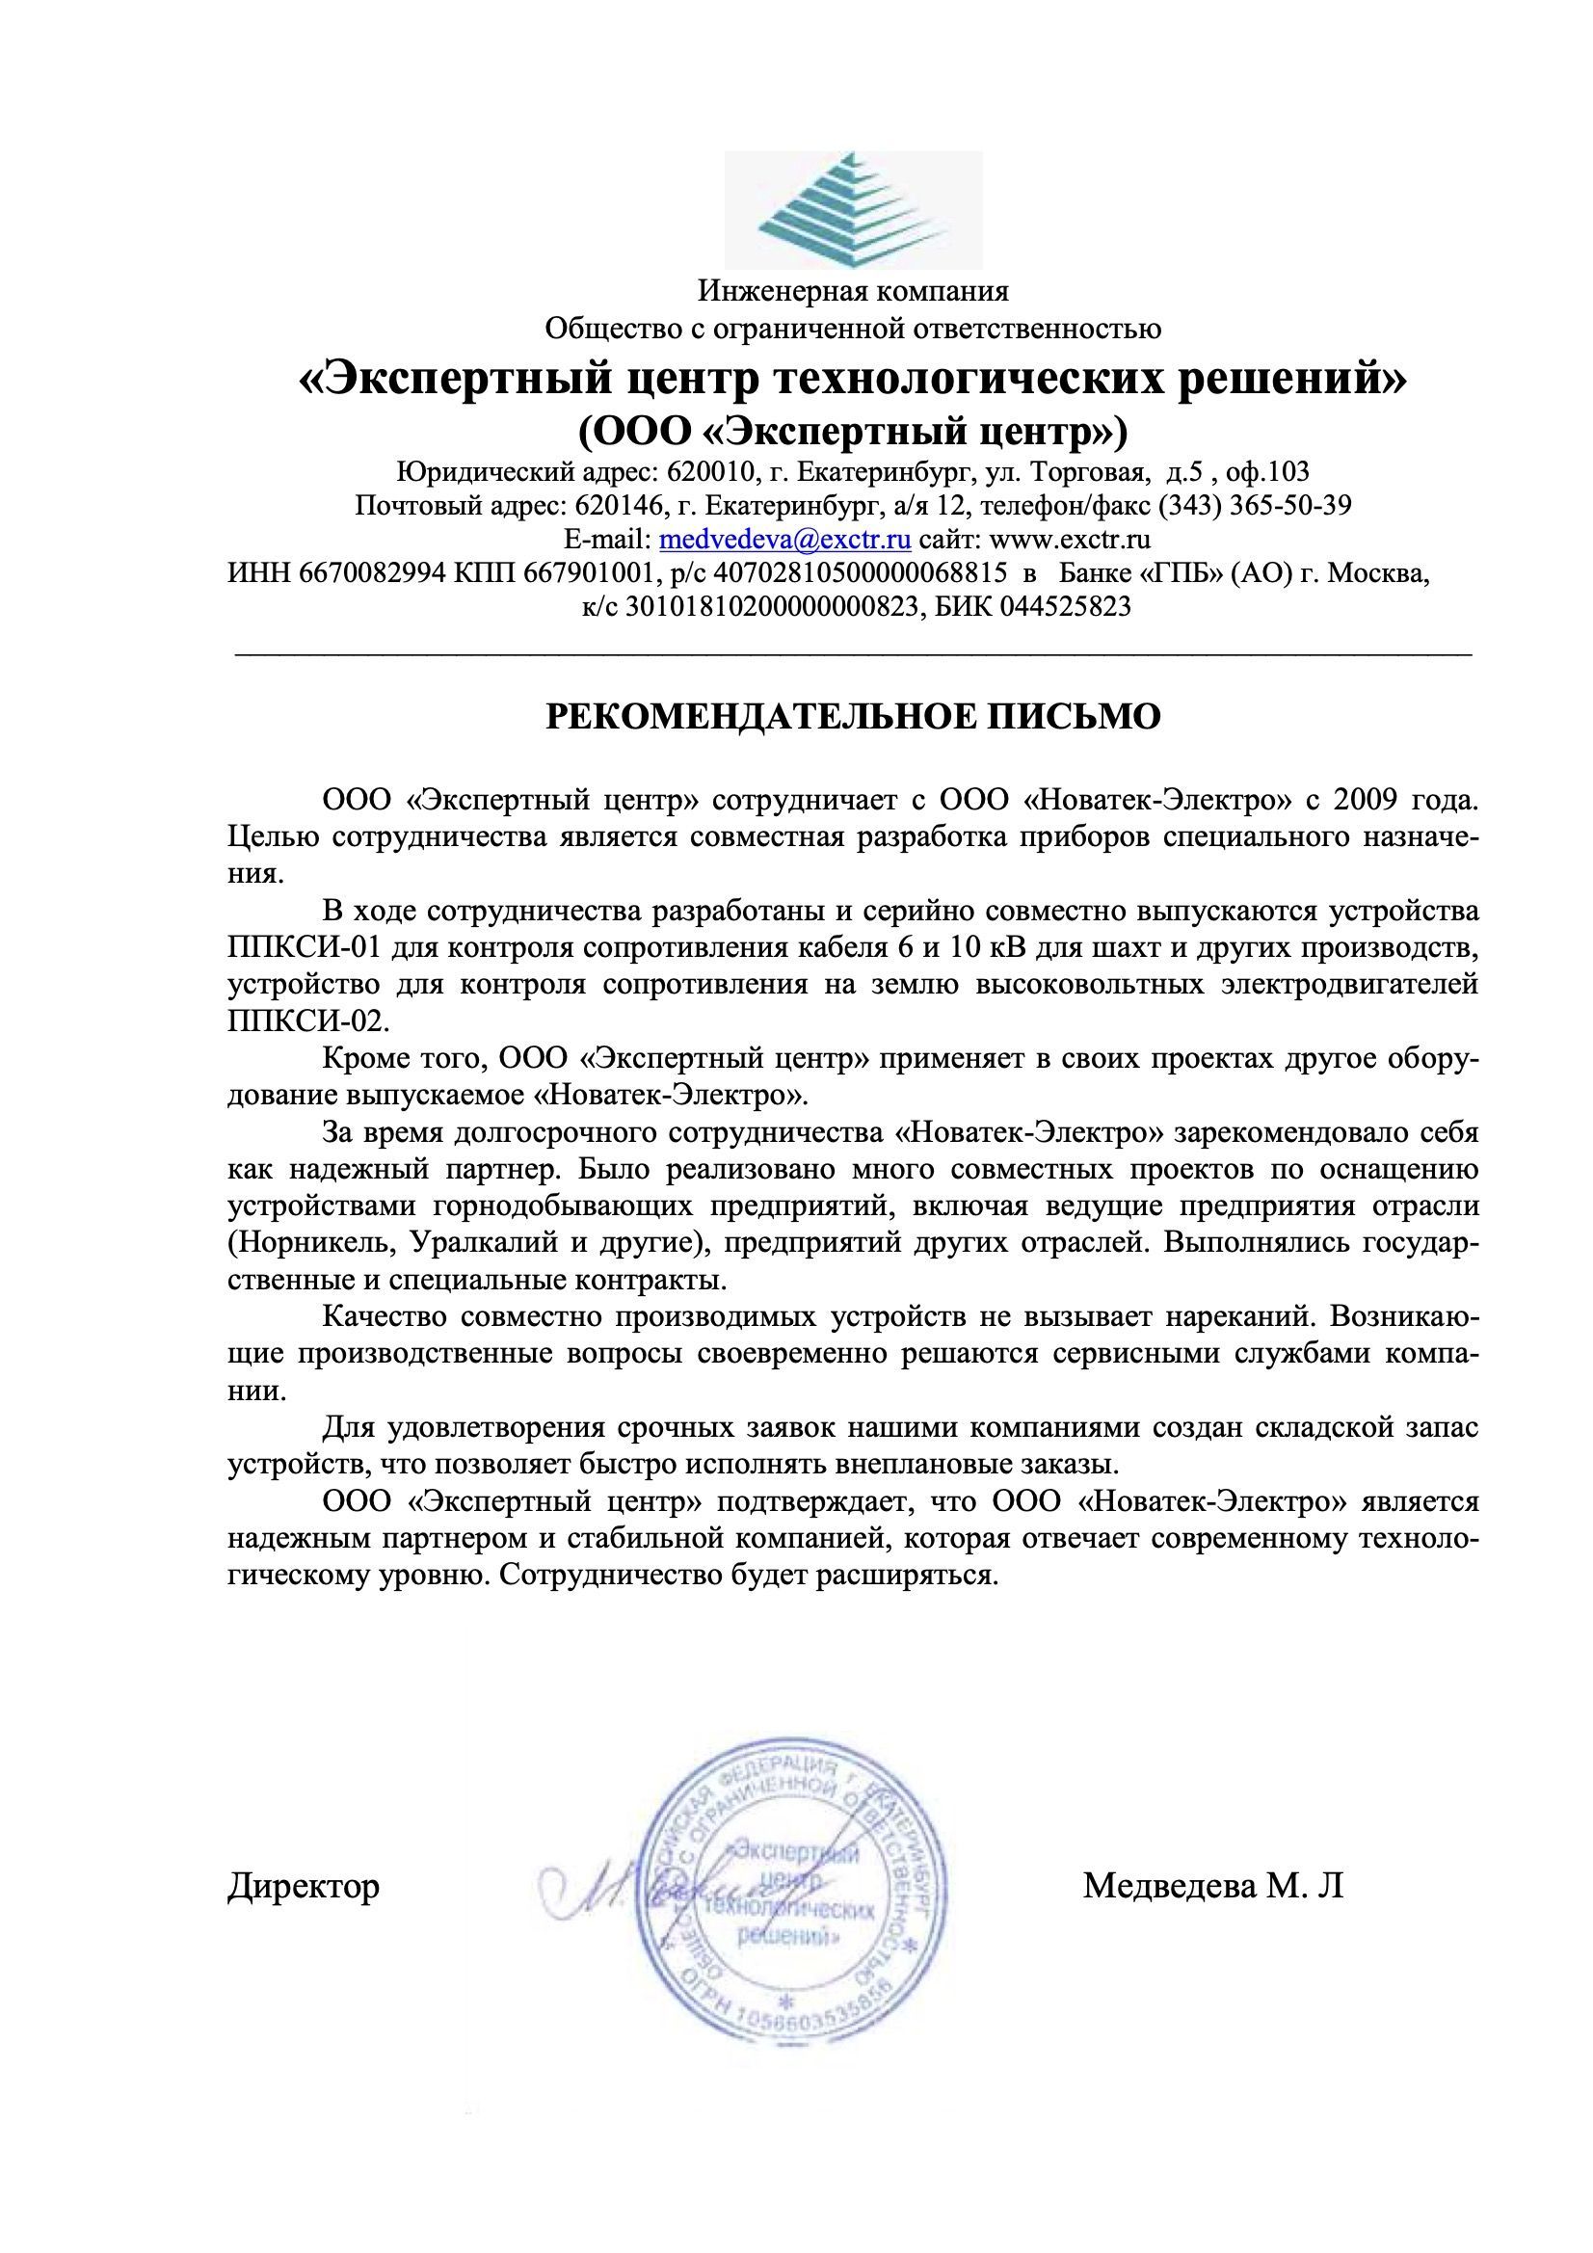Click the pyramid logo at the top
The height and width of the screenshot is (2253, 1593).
coord(853,209)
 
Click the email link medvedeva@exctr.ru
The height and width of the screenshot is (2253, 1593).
coord(785,540)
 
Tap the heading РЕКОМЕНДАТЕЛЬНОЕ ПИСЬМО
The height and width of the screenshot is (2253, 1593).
coord(852,717)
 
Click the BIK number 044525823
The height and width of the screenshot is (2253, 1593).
coord(1065,606)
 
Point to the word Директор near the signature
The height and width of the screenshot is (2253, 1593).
coord(304,1885)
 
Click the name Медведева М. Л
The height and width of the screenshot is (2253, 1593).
coord(1212,1885)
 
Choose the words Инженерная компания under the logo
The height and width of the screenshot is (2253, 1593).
coord(853,291)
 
